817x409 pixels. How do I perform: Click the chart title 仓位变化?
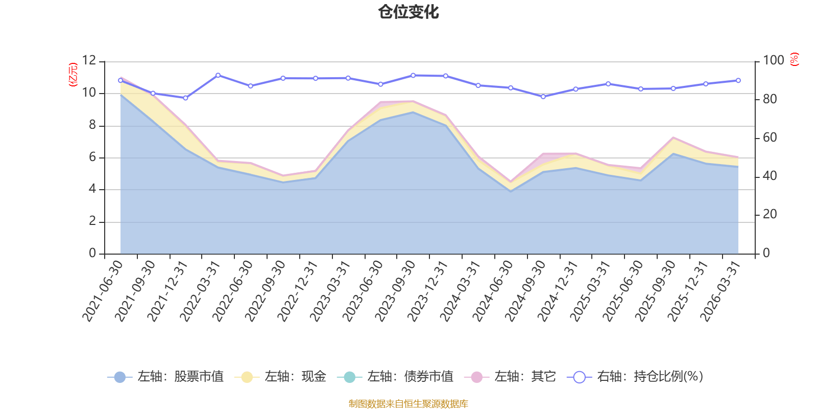(408, 12)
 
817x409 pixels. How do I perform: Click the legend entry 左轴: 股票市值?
(165, 377)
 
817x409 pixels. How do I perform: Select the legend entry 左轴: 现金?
(280, 377)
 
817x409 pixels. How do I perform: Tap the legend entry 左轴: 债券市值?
(395, 377)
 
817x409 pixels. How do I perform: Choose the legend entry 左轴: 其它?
(510, 377)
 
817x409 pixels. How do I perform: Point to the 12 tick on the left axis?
(89, 61)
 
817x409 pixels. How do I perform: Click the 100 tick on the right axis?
(773, 61)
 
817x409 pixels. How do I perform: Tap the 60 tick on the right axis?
(770, 138)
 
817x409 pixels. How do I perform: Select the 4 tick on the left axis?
(92, 189)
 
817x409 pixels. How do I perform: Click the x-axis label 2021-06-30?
(103, 290)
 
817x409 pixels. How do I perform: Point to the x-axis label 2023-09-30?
(396, 290)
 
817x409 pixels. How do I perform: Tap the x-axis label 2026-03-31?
(721, 290)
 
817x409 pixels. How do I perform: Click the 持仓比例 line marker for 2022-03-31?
(218, 75)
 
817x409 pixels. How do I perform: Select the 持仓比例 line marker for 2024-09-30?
(543, 97)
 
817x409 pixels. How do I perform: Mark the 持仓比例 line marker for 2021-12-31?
(185, 98)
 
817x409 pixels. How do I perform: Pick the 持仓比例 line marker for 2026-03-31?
(738, 80)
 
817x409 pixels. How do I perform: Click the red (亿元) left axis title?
(73, 75)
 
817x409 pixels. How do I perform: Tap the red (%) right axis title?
(794, 59)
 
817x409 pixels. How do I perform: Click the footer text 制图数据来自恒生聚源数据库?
(408, 404)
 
